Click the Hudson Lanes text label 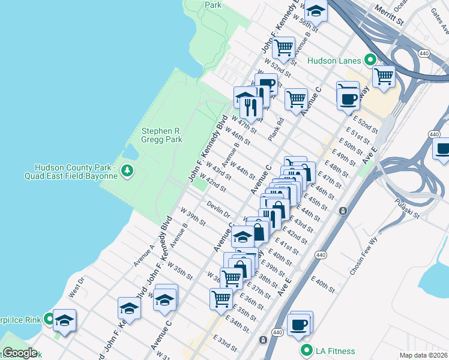[334, 61]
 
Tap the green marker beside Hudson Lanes [370, 60]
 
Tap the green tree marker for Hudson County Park [127, 172]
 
